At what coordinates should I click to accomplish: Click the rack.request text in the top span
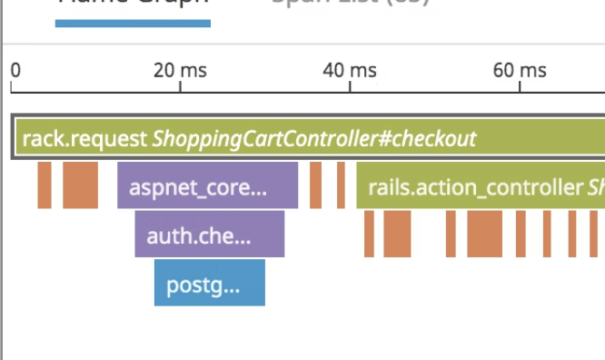[84, 139]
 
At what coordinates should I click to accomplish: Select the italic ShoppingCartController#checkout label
[314, 139]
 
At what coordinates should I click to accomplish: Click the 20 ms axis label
[181, 70]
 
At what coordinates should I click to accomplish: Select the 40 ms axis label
[351, 70]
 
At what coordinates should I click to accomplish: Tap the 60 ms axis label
[520, 70]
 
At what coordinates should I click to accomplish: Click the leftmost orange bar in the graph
[45, 185]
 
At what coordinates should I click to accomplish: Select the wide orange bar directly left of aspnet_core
[80, 185]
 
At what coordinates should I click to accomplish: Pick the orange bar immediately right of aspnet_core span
[316, 185]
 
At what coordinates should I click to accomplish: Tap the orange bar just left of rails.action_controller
[341, 185]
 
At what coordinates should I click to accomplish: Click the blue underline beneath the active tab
[133, 22]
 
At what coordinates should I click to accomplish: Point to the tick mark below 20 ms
[181, 88]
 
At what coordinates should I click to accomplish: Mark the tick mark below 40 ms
[351, 88]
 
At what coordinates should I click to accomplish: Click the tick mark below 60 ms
[520, 88]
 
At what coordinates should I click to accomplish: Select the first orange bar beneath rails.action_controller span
[369, 234]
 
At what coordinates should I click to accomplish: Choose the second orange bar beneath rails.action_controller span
[397, 234]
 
